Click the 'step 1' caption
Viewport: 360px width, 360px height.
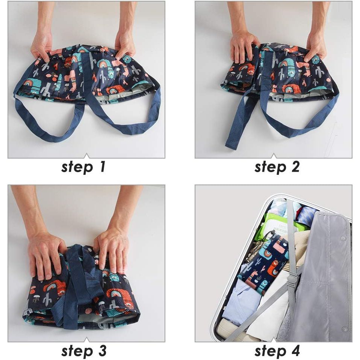[83, 167]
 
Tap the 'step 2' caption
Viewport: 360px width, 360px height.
[277, 167]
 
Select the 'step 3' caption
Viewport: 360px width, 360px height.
[84, 351]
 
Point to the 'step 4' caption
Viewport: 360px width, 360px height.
[277, 351]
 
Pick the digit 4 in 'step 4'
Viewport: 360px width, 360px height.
[295, 350]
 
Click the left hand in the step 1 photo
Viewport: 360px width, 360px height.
[41, 47]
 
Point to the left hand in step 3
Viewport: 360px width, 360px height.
[47, 257]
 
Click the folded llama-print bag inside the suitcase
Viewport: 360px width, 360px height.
[262, 266]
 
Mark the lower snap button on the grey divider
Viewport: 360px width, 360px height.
[344, 329]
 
